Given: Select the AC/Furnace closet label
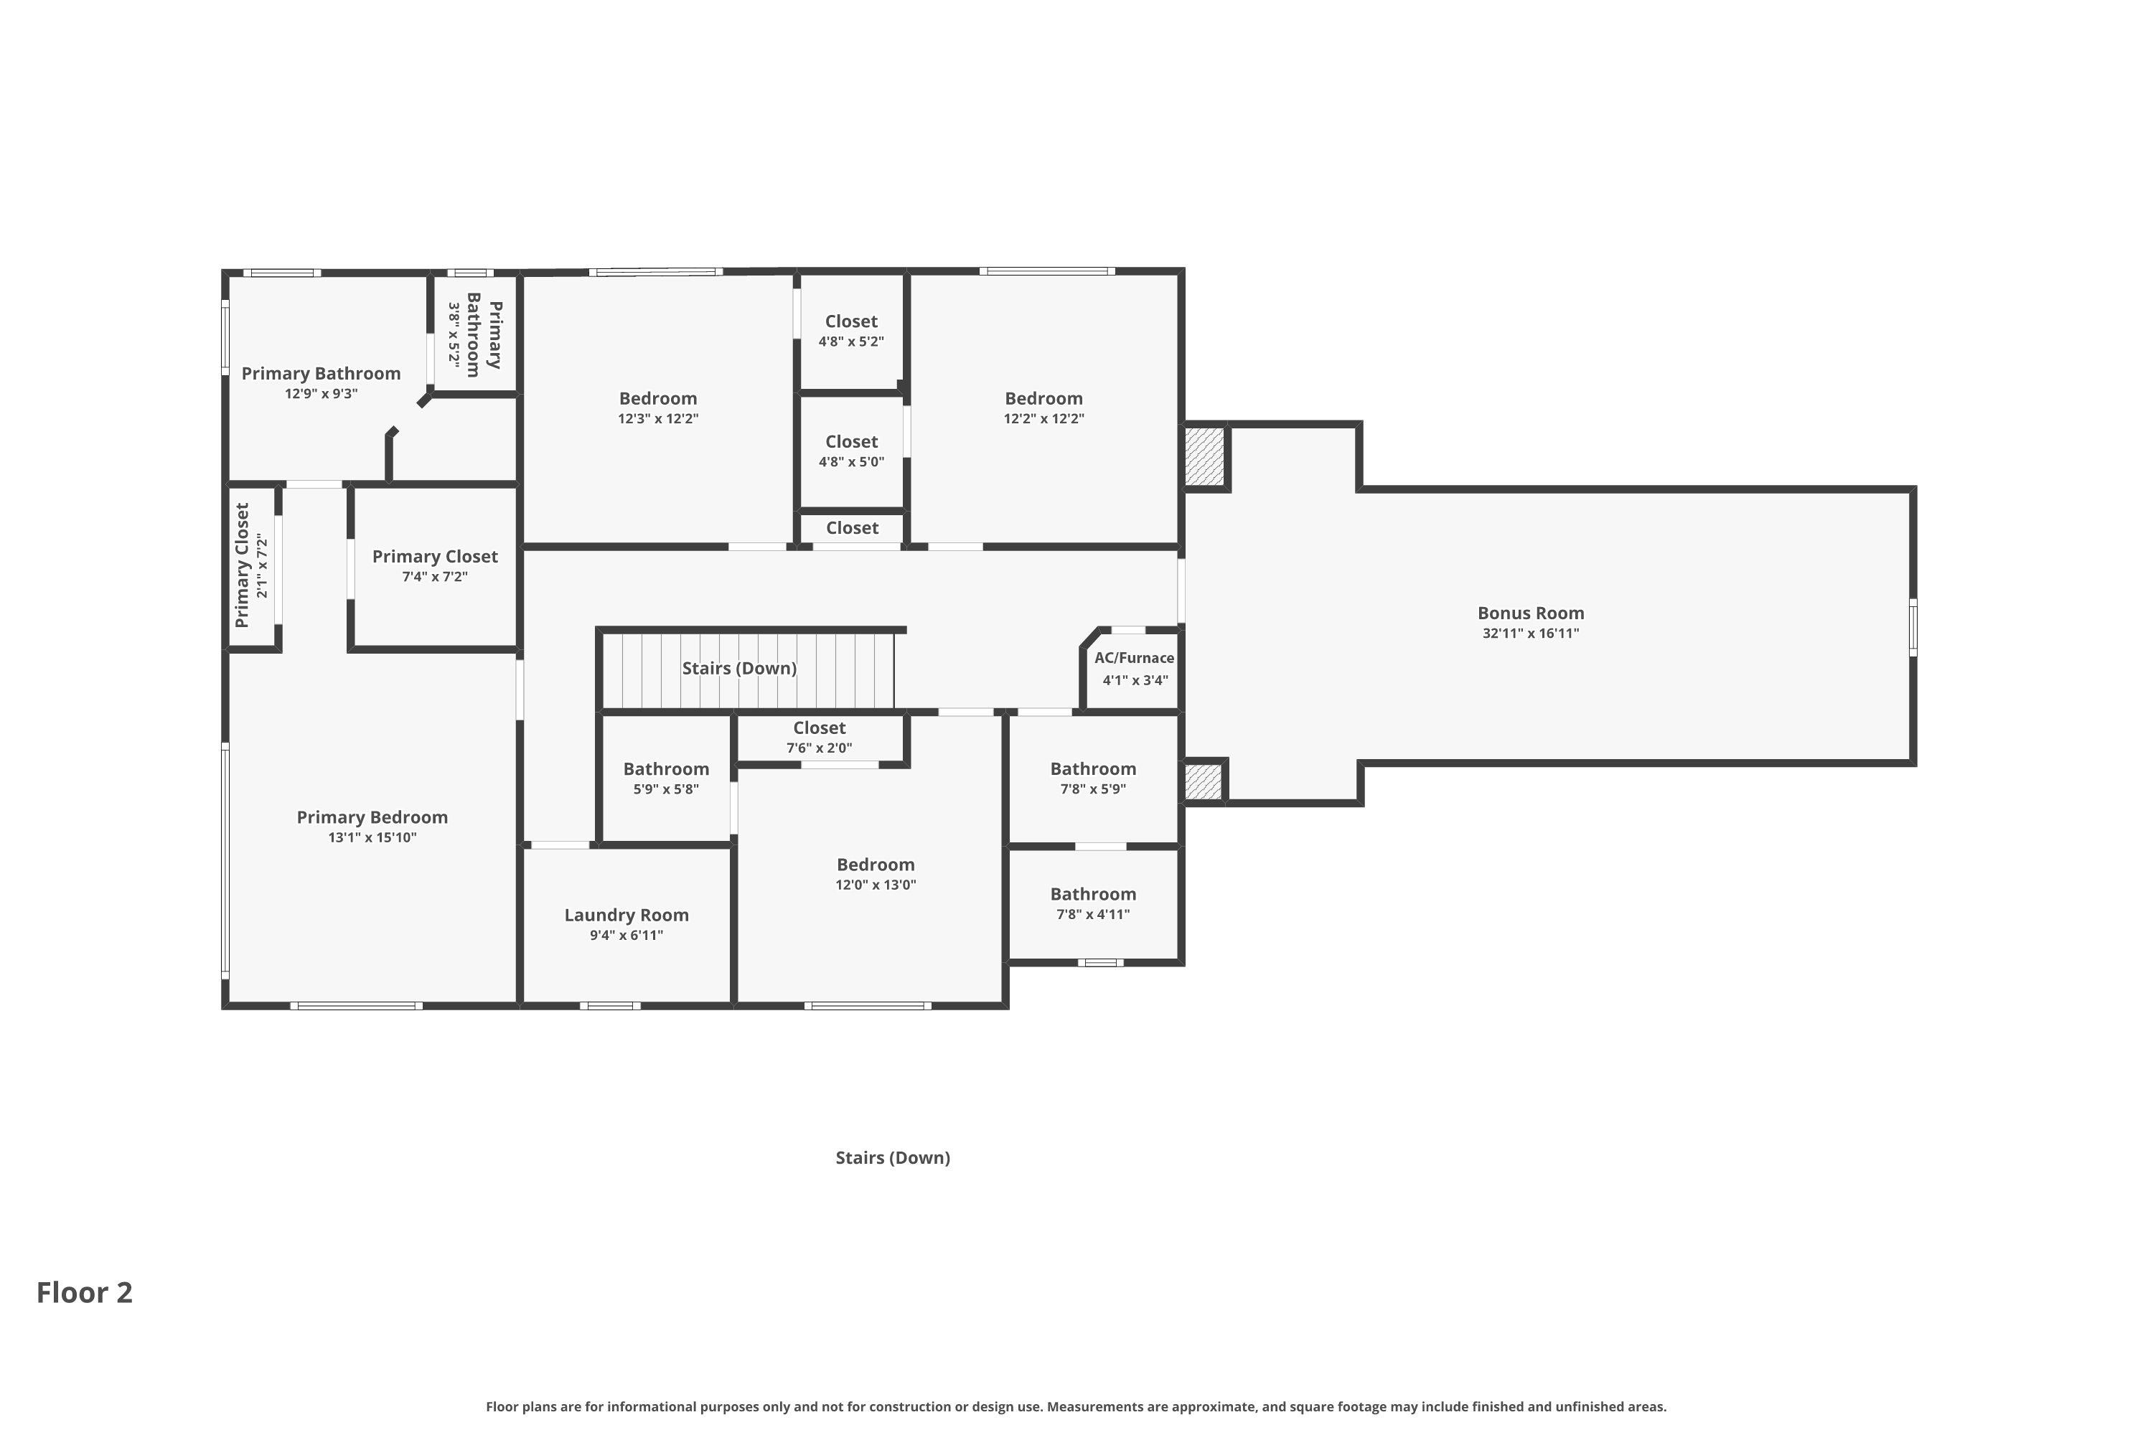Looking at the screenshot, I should pyautogui.click(x=1133, y=658).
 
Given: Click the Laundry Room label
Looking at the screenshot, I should pyautogui.click(x=626, y=916).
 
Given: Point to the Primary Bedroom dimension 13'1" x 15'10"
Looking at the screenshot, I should pyautogui.click(x=372, y=837).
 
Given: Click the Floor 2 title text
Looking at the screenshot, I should pyautogui.click(x=84, y=1292).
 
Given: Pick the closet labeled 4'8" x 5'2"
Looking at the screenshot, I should pyautogui.click(x=850, y=330).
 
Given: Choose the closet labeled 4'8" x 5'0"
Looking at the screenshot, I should pyautogui.click(x=850, y=451).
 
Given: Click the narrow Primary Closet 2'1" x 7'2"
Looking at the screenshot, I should pyautogui.click(x=250, y=565).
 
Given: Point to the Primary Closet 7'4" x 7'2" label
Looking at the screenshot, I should pyautogui.click(x=434, y=557).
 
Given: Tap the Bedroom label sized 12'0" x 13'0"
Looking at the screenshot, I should pyautogui.click(x=875, y=865).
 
